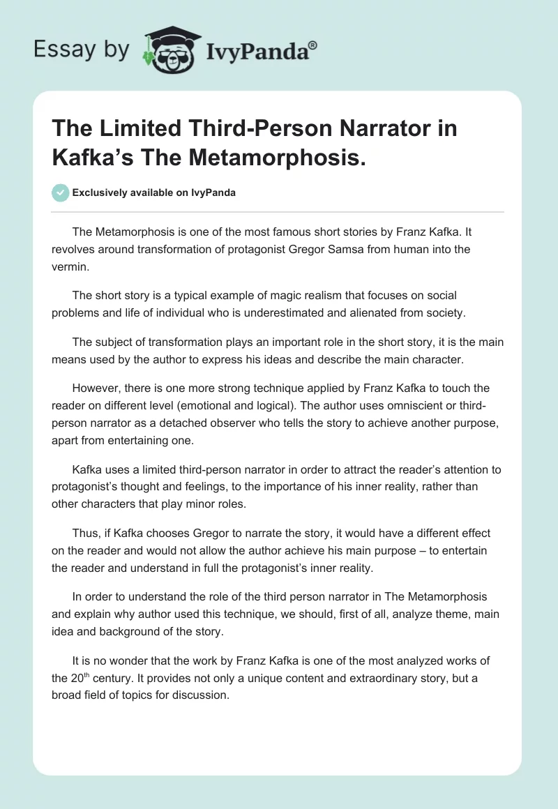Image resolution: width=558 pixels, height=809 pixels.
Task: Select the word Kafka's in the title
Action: click(x=89, y=157)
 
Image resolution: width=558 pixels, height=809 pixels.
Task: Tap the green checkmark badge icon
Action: click(x=61, y=192)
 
